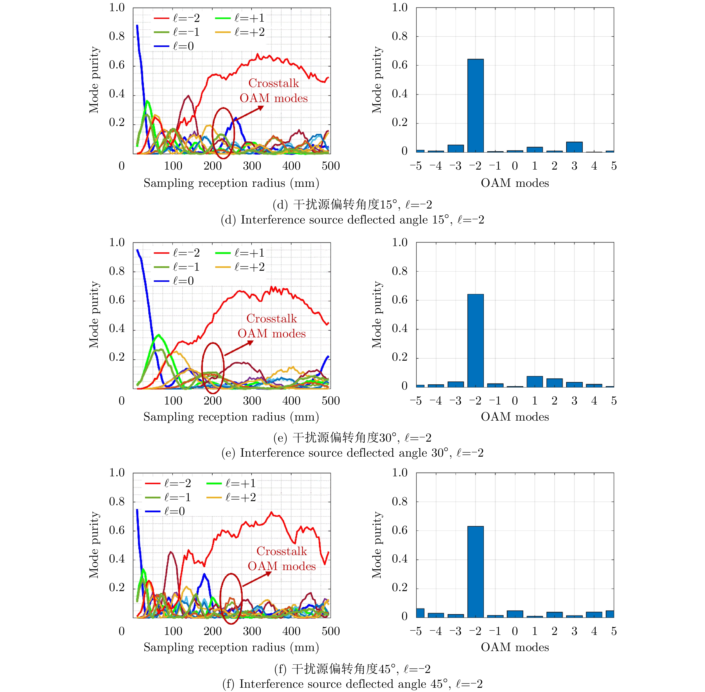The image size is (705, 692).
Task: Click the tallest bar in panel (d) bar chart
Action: click(475, 105)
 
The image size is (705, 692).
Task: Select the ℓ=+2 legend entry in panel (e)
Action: click(240, 267)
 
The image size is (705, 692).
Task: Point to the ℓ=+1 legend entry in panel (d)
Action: click(240, 18)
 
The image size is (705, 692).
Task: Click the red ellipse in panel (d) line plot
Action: click(223, 133)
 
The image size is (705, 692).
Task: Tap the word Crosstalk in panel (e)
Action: click(272, 318)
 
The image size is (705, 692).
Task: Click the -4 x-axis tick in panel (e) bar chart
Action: click(435, 401)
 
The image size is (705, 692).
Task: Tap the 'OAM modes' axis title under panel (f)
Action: click(515, 647)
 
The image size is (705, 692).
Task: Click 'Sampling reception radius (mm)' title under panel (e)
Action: click(231, 417)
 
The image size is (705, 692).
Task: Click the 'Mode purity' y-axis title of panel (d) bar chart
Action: click(377, 80)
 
